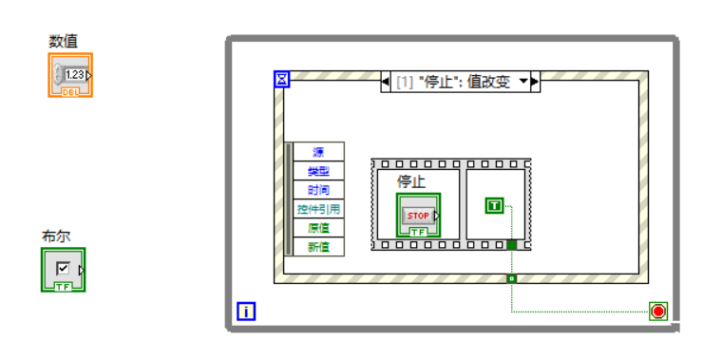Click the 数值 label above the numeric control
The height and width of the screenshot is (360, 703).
64,41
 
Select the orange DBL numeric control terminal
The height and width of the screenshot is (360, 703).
70,75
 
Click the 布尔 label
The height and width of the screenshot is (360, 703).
56,237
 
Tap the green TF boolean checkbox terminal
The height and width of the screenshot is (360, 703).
63,270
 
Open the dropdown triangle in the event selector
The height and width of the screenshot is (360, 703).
522,82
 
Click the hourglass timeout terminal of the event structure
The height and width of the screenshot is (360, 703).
281,79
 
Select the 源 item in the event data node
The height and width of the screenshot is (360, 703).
317,152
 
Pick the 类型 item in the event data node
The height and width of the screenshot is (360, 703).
317,171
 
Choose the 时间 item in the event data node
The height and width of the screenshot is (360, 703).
317,190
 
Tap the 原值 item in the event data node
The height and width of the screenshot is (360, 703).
317,228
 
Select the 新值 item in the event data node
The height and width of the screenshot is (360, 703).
317,247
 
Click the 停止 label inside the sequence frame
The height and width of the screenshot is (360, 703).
410,181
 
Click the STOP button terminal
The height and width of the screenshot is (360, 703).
418,216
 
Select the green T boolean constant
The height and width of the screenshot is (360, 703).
493,205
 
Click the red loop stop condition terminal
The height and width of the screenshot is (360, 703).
657,311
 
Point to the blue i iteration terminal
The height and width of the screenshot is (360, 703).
245,311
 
